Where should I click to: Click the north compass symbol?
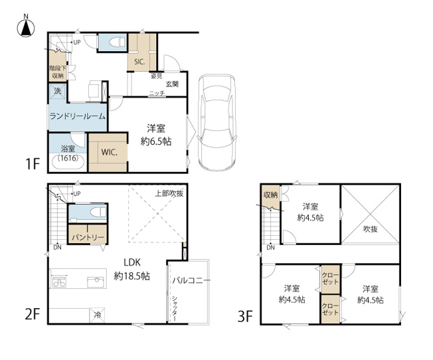point(26,28)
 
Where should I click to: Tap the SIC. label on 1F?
point(139,62)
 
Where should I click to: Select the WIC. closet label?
point(109,152)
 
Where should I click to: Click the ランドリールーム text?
point(78,116)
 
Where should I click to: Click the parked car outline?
point(217,123)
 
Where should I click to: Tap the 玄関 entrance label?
point(172,84)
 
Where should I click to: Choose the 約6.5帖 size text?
point(156,141)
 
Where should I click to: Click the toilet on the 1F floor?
point(117,42)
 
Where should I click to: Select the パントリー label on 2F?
point(88,237)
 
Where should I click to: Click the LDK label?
point(132,262)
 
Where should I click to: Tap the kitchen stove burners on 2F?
point(59,282)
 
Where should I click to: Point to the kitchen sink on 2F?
point(96,282)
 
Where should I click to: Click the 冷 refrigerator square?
point(97,315)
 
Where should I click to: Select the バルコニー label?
point(191,281)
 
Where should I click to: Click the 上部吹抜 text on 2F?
point(169,193)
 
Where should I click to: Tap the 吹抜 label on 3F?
point(371,229)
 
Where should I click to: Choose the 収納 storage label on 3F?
point(270,195)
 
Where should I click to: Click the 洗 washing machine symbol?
point(58,91)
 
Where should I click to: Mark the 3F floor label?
point(245,316)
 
